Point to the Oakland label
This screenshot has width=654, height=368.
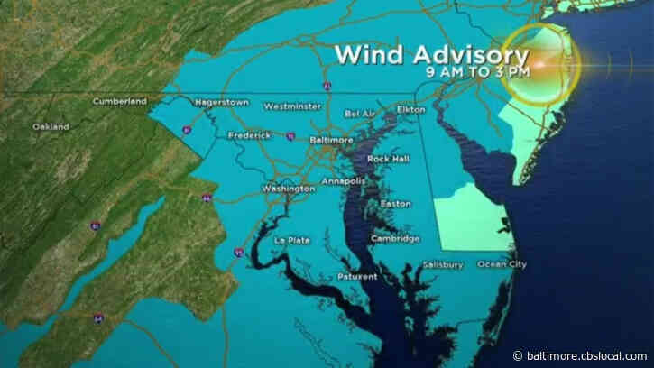[51, 126]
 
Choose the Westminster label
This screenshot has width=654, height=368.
[292, 106]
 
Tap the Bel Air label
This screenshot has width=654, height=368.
[361, 115]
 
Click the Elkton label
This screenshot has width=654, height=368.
[410, 109]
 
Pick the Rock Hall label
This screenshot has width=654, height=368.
[386, 159]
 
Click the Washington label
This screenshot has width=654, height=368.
[288, 189]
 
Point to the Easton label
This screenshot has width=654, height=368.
[396, 204]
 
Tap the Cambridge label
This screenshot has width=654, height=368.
[396, 238]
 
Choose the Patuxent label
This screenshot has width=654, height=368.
[359, 276]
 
